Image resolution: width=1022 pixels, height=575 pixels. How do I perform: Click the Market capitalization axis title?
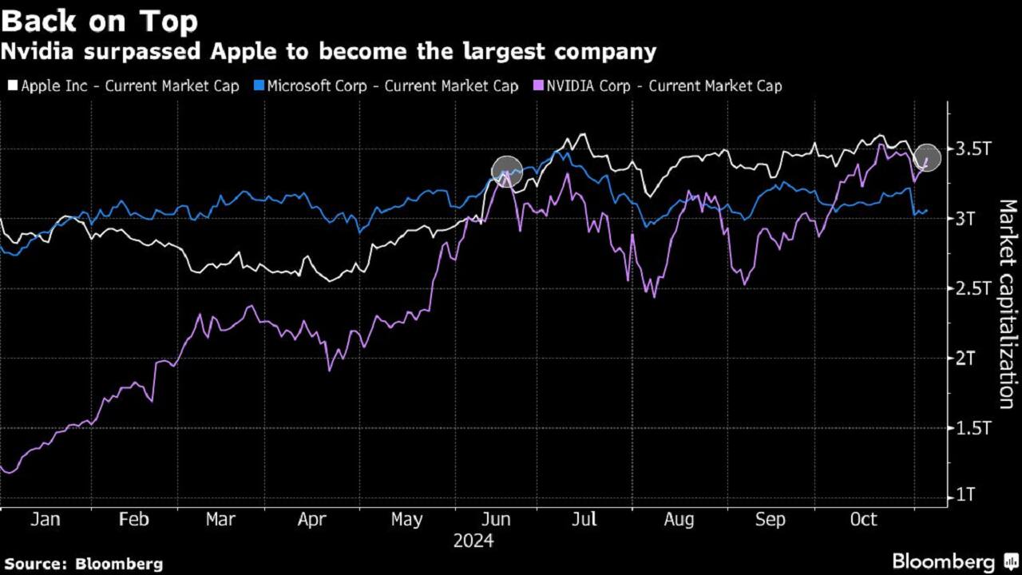[1008, 303]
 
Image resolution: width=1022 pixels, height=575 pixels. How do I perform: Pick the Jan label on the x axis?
[45, 520]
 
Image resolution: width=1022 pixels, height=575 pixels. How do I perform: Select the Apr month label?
[311, 520]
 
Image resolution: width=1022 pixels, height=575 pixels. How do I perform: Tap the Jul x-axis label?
[585, 520]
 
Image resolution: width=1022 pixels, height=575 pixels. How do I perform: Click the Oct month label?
[863, 520]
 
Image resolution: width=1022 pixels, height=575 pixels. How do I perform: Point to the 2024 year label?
[473, 541]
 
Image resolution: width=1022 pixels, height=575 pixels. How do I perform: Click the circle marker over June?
[506, 171]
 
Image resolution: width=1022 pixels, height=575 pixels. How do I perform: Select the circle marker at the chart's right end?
[927, 157]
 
